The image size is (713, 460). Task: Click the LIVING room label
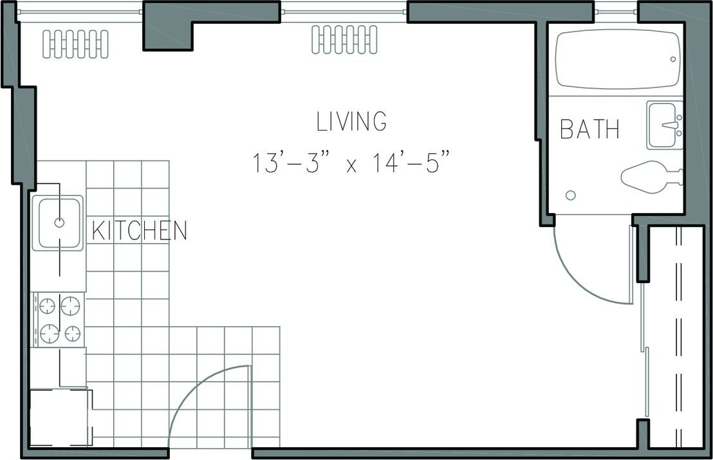[351, 122]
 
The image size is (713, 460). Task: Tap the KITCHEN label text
[140, 230]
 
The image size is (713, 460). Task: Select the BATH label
[590, 129]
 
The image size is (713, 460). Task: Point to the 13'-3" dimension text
[292, 163]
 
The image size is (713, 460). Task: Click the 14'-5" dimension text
[412, 163]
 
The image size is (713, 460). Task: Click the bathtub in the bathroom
[618, 60]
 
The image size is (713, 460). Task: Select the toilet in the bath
[651, 176]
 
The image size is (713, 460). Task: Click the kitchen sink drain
[59, 223]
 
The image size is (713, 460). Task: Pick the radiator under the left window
[75, 44]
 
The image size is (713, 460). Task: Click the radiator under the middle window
[345, 39]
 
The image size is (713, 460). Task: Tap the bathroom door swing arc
[584, 277]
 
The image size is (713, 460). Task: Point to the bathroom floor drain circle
[571, 196]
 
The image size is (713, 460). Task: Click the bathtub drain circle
[673, 60]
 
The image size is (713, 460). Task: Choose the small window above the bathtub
[616, 12]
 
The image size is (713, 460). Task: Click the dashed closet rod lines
[679, 336]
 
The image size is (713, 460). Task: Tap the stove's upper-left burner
[47, 306]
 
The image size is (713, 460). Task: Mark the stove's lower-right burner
[72, 334]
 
